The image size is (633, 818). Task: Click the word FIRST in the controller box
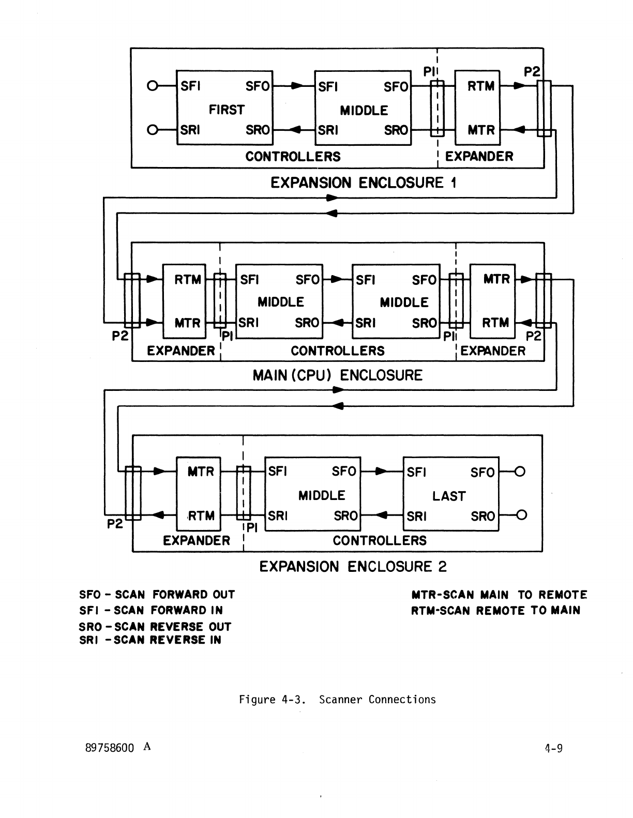pos(226,110)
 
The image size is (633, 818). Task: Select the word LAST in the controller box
pos(449,496)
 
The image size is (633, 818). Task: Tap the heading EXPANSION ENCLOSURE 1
pos(364,183)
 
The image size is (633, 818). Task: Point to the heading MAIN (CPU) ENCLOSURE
pos(337,375)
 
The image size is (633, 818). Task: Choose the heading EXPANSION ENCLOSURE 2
pos(353,567)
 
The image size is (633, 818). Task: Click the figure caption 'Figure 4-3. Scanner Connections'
pos(337,700)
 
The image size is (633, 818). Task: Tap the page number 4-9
pos(553,748)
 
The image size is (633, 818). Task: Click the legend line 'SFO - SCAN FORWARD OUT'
pos(157,595)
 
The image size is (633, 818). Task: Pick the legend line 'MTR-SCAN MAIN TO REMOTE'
pos(499,595)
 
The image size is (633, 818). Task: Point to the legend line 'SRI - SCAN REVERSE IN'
pos(150,640)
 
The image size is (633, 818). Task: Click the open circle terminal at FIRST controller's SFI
pos(152,86)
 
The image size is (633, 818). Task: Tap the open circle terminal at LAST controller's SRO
pos(521,515)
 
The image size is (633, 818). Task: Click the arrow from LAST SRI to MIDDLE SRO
pos(382,516)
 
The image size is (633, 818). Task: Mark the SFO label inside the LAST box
pos(482,473)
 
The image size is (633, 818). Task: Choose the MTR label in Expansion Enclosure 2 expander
pos(200,472)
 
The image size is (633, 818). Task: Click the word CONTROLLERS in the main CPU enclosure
pos(337,351)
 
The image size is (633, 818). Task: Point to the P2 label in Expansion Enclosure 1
pos(532,72)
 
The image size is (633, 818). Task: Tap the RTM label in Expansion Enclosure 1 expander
pos(481,86)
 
